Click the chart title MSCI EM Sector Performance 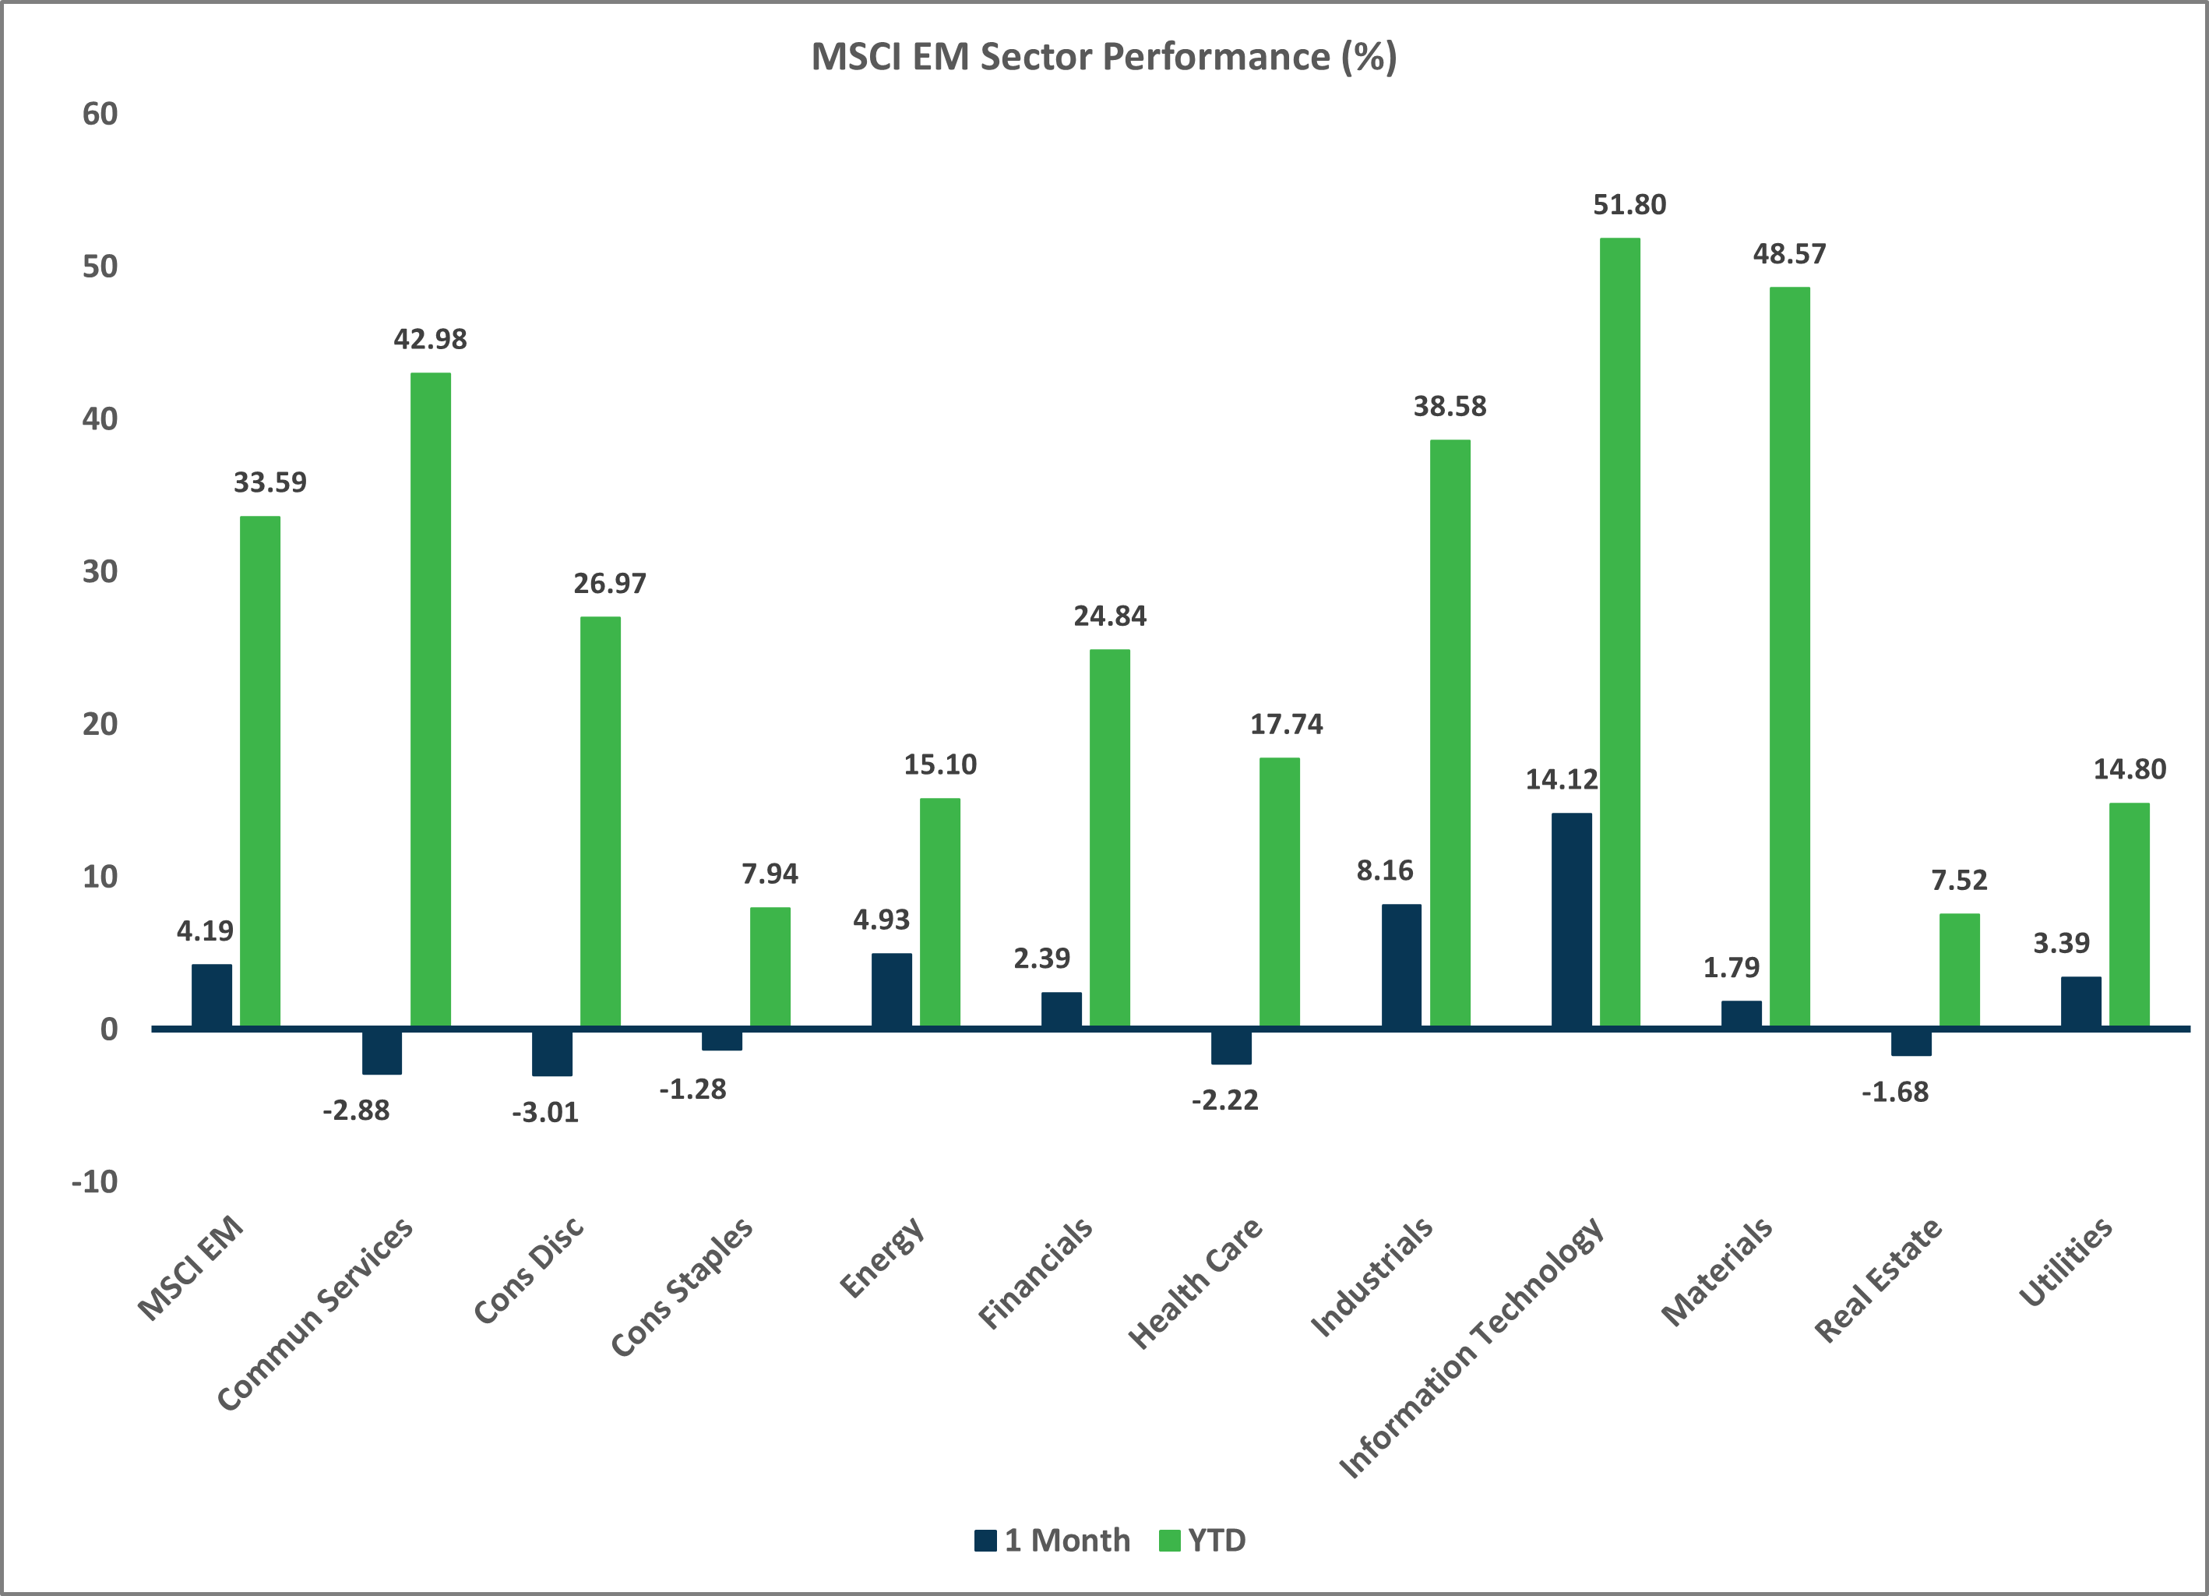(x=1104, y=57)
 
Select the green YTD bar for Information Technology (x=1619, y=634)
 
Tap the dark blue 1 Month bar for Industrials (x=1400, y=966)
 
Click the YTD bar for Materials (x=1789, y=658)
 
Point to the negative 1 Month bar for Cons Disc (x=551, y=1052)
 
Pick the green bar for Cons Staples (x=770, y=968)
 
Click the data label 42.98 (x=429, y=339)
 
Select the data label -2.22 (x=1224, y=1101)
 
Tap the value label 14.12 (x=1561, y=779)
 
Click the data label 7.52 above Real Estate (x=1959, y=881)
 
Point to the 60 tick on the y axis (x=100, y=114)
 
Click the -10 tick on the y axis (x=94, y=1182)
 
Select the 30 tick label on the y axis (x=100, y=572)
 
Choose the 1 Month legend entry (x=1053, y=1541)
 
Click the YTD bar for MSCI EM (x=260, y=772)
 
